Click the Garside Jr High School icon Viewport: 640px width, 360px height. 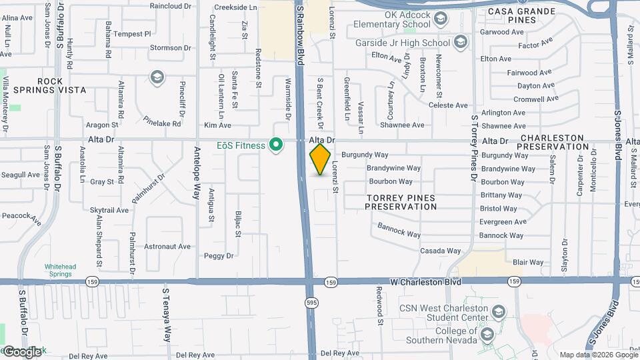(460, 43)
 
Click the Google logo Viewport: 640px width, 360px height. (22, 351)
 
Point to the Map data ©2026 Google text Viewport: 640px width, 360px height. (599, 355)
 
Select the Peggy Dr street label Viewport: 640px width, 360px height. (219, 255)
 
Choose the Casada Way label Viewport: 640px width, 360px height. (441, 251)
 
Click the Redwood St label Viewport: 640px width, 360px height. (379, 306)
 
